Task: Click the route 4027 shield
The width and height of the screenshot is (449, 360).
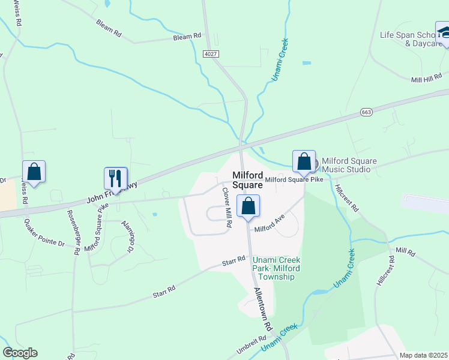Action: tap(211, 54)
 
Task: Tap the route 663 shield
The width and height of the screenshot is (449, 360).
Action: tap(367, 112)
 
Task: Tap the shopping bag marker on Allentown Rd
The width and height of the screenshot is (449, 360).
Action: tap(248, 206)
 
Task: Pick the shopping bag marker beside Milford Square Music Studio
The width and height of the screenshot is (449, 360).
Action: tap(304, 161)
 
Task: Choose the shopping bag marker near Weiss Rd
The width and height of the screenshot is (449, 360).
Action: tap(34, 172)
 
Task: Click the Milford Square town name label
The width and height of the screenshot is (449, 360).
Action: tap(247, 180)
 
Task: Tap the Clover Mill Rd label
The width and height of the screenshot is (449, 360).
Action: tap(227, 207)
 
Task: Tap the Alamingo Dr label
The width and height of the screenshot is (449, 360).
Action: tap(127, 236)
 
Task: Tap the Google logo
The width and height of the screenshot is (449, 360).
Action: tap(20, 353)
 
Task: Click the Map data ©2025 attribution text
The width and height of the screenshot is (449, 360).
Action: tap(424, 355)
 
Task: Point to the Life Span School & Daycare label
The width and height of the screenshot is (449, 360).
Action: tap(407, 39)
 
